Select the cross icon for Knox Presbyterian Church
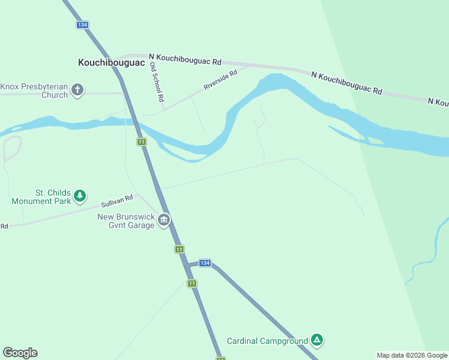[77, 91]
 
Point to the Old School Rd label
[157, 82]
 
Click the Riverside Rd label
[220, 79]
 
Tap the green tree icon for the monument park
[80, 196]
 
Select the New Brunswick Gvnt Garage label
[125, 220]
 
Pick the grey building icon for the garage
[163, 221]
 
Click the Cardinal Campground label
[267, 341]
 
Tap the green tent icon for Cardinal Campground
[317, 341]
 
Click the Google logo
[20, 353]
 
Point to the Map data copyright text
[412, 355]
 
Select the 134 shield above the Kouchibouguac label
[82, 25]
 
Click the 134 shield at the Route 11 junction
[205, 263]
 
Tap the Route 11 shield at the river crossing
[142, 142]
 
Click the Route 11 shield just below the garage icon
[179, 248]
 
